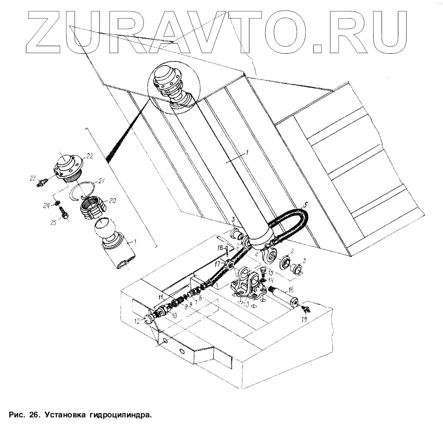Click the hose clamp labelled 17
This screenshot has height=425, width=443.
click(x=230, y=265)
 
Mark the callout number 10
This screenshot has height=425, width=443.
click(x=174, y=315)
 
